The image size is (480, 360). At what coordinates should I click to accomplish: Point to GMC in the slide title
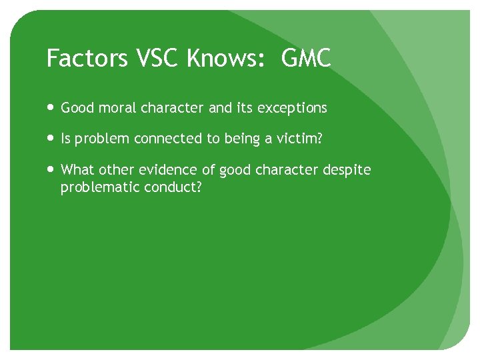[x=307, y=59]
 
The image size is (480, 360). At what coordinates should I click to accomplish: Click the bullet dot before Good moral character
[x=52, y=108]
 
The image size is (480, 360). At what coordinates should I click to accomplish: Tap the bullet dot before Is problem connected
[x=52, y=139]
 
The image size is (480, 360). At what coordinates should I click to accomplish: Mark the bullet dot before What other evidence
[x=52, y=170]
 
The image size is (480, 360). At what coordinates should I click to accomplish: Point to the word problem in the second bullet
[x=102, y=139]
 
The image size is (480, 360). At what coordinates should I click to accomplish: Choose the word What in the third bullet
[x=77, y=170]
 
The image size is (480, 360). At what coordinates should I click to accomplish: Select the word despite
[x=347, y=171]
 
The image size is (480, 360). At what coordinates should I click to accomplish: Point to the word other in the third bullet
[x=117, y=170]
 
